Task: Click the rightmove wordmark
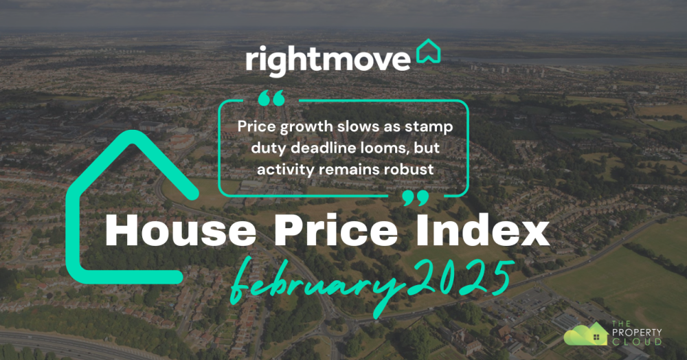point(328,60)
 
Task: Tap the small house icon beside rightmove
point(429,52)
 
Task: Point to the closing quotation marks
point(415,199)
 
